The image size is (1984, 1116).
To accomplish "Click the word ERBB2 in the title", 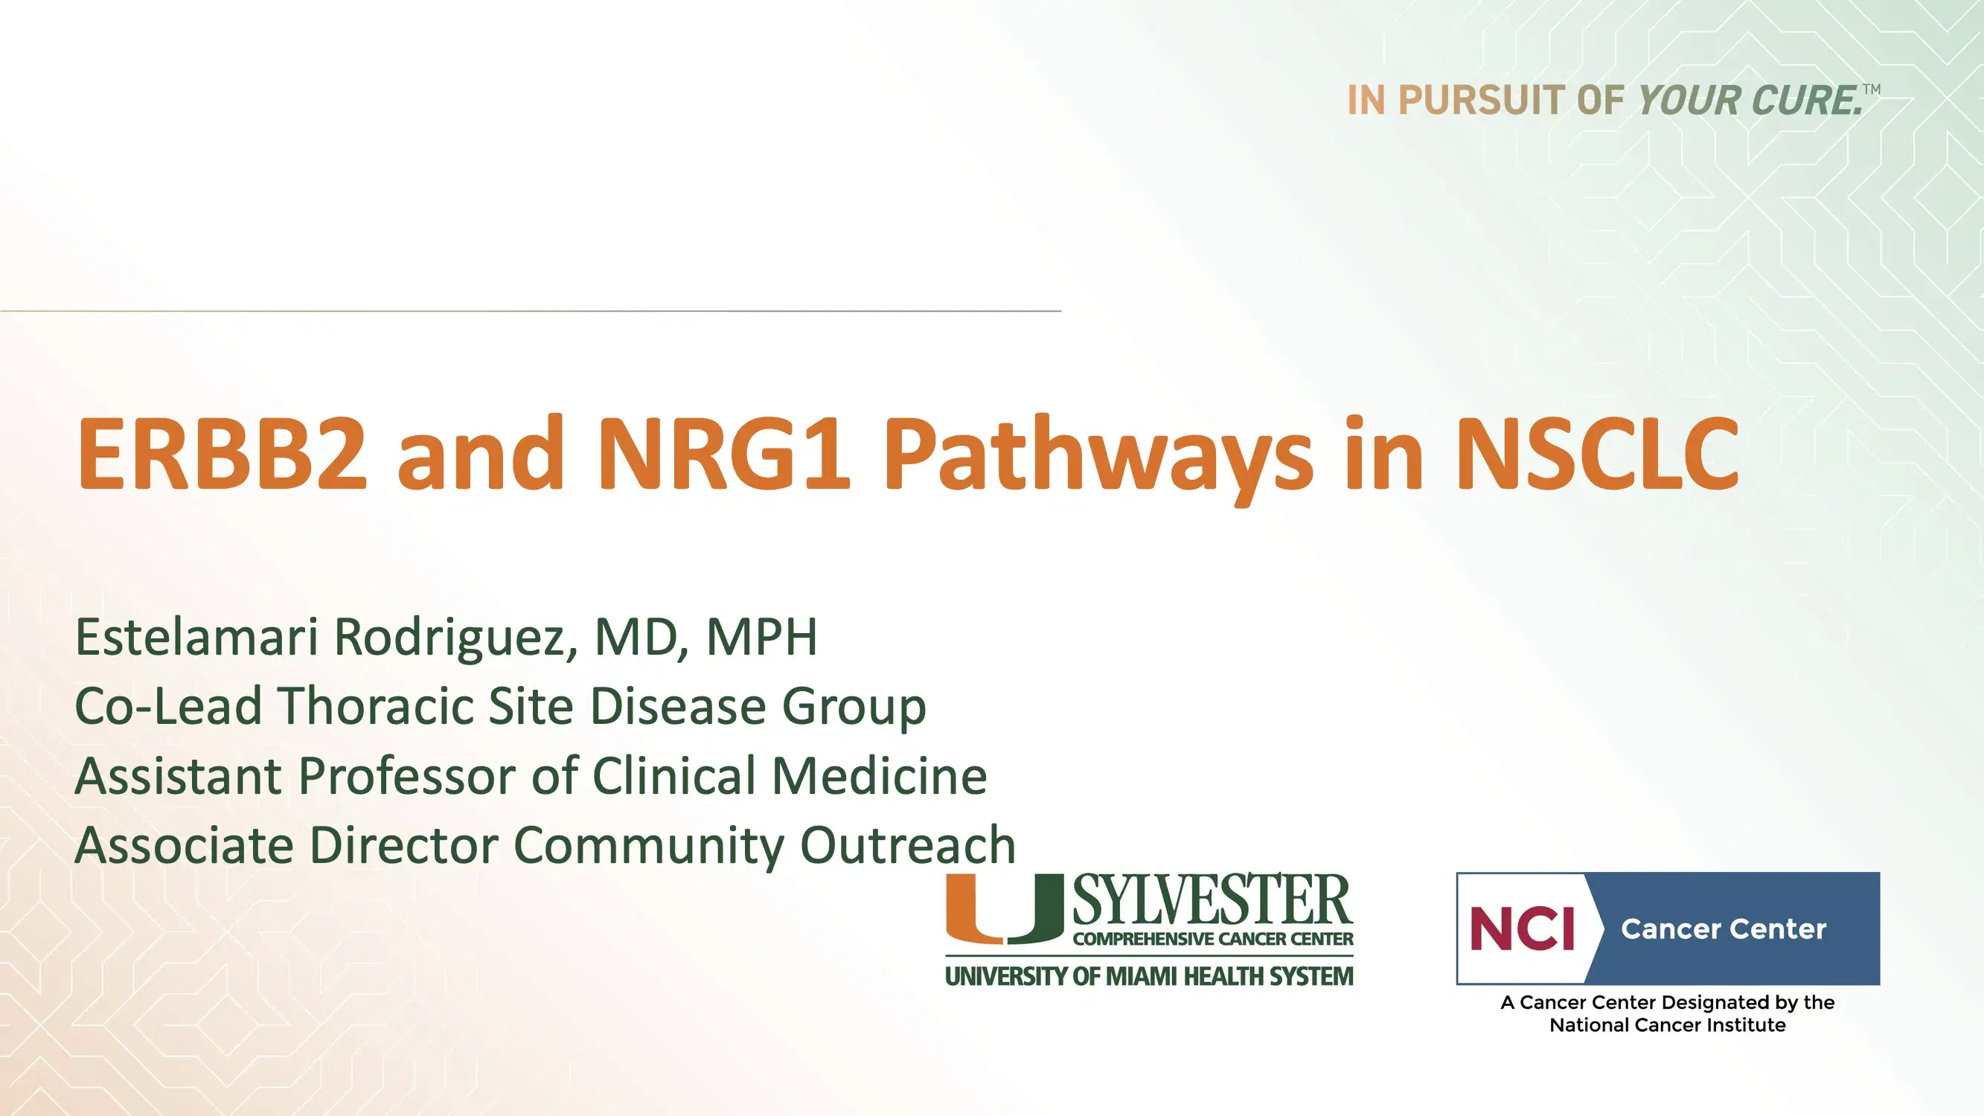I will pyautogui.click(x=221, y=455).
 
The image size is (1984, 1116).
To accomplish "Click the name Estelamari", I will pyautogui.click(x=196, y=638).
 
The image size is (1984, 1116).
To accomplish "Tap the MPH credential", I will pyautogui.click(x=761, y=638).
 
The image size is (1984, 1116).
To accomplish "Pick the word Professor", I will pyautogui.click(x=407, y=776).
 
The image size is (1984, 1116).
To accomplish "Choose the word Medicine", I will pyautogui.click(x=879, y=775).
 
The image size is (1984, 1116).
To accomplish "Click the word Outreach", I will pyautogui.click(x=908, y=845).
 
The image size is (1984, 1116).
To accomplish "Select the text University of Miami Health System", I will pyautogui.click(x=1149, y=977).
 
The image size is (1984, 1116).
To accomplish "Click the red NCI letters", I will pyautogui.click(x=1522, y=929).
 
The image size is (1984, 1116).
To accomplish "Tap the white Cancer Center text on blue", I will pyautogui.click(x=1723, y=929).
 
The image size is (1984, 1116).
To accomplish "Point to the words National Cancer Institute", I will pyautogui.click(x=1668, y=1025).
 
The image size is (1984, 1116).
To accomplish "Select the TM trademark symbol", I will pyautogui.click(x=1872, y=89).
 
